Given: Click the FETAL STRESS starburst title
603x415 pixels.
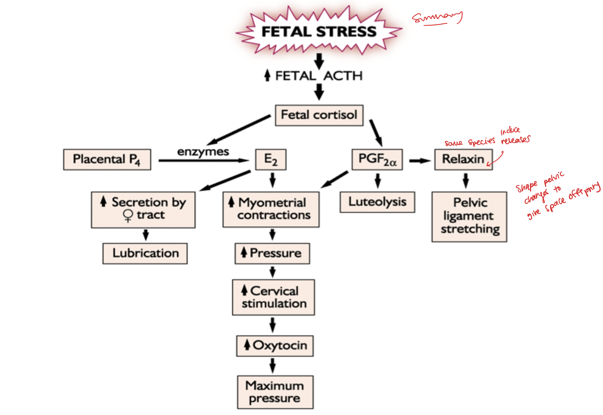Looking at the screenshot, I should click(319, 31).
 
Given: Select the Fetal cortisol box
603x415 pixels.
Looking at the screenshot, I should click(319, 115).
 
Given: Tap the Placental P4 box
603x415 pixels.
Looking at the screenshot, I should click(107, 159).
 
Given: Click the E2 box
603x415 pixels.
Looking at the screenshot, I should click(270, 159).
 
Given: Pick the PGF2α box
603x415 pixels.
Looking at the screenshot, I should click(377, 159).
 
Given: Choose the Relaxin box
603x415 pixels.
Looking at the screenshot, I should click(463, 159).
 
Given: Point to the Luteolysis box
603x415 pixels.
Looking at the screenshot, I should click(377, 202).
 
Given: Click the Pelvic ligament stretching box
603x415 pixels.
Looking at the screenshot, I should click(469, 216).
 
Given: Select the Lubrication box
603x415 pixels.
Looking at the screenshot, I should click(145, 253).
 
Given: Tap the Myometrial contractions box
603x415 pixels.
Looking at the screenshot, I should click(271, 209).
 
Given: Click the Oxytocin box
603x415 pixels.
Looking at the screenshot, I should click(275, 345).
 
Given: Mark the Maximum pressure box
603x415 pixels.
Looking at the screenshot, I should click(275, 392).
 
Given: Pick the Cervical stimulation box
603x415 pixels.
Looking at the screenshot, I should click(274, 297).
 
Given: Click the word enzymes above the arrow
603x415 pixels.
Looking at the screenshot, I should click(203, 152).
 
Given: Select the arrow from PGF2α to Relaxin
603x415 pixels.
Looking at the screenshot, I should click(419, 161).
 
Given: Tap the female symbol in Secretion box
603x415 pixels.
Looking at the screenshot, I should click(128, 215).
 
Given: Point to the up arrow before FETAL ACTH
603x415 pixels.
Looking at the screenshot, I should click(267, 75).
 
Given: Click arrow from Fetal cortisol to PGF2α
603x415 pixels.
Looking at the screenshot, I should click(376, 133).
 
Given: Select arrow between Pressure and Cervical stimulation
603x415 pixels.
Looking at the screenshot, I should click(272, 271).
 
